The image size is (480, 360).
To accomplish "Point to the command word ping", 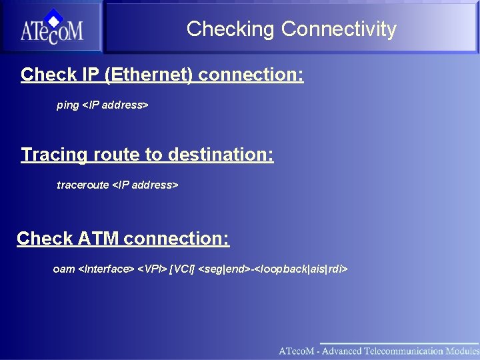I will click(x=67, y=105).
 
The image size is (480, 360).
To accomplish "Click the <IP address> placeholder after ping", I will click(x=115, y=105).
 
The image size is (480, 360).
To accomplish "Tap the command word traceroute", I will click(x=83, y=185).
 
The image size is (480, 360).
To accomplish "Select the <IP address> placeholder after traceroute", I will click(x=145, y=185).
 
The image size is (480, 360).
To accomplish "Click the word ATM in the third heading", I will click(x=99, y=239).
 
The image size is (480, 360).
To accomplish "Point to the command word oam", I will click(x=64, y=269).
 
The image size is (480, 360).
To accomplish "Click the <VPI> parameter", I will click(x=152, y=269).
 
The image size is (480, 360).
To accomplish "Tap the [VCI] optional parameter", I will click(x=183, y=269).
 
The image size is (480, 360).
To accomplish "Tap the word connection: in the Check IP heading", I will click(x=251, y=75).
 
